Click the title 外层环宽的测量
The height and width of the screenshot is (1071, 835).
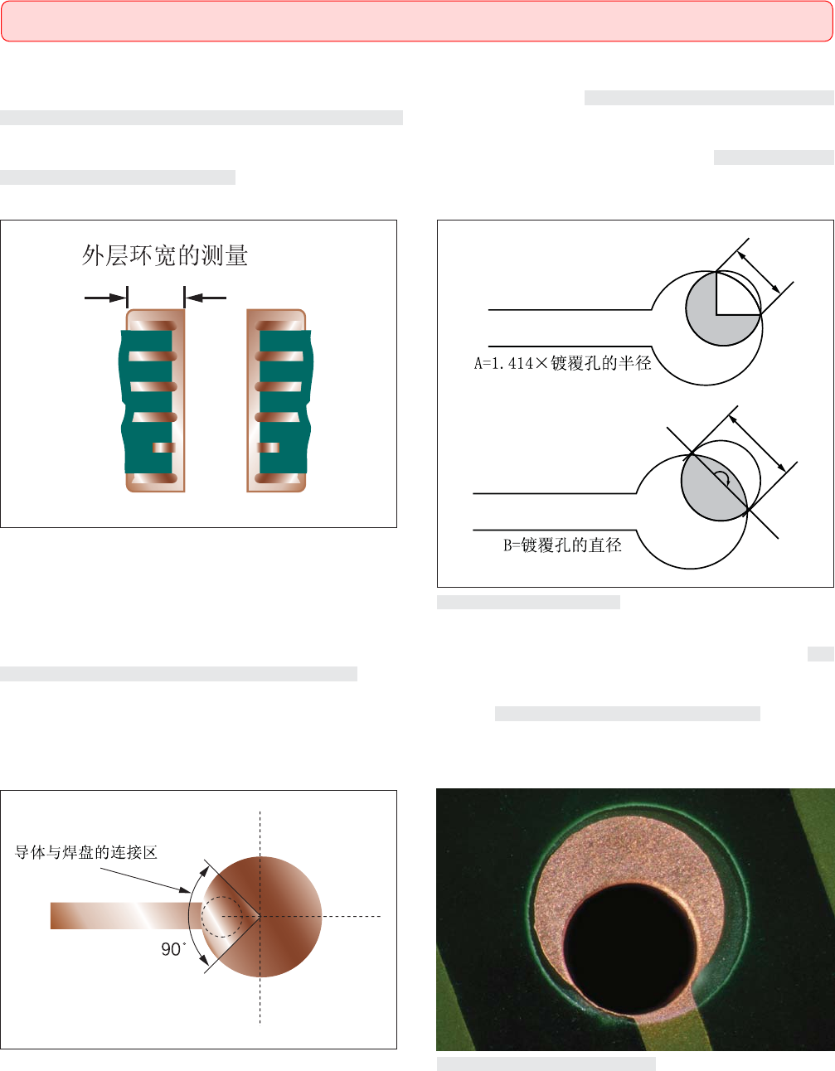tap(165, 255)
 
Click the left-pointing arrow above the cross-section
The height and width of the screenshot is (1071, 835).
tap(206, 298)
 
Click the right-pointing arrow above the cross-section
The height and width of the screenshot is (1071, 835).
tap(105, 298)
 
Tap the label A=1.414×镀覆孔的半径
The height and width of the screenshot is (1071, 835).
tap(562, 363)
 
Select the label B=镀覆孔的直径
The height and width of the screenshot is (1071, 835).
tap(562, 545)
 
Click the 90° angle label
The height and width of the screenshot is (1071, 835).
tap(173, 949)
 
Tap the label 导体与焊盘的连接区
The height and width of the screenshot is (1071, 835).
tap(86, 851)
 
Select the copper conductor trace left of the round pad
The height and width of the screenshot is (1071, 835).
tap(126, 916)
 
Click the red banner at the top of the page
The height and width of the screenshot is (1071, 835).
tap(417, 21)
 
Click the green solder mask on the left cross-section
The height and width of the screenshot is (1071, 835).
tap(147, 402)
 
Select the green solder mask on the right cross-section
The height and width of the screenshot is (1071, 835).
tap(286, 402)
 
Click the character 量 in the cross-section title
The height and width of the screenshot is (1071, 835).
tap(236, 255)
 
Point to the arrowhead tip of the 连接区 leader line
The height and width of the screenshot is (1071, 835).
tap(191, 892)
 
